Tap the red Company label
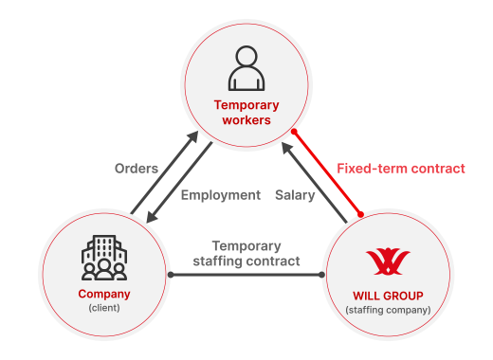[103, 294]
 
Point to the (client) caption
[103, 308]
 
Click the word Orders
[136, 169]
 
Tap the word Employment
[220, 195]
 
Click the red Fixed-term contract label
[401, 169]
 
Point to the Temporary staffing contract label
[246, 253]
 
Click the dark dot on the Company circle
[171, 276]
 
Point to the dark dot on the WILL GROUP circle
[322, 276]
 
